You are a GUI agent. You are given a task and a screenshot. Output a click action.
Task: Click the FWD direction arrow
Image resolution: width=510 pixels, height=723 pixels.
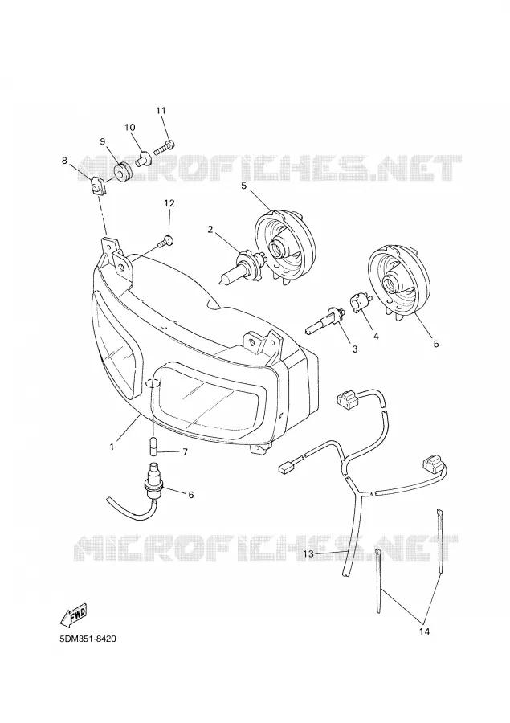click(x=73, y=615)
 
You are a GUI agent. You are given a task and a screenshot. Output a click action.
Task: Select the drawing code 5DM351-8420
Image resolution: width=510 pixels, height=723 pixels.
click(x=88, y=639)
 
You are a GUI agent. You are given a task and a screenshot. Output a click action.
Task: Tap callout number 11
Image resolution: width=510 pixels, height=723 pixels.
click(x=161, y=111)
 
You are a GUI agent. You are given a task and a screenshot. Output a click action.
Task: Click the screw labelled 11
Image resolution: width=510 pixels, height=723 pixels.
click(x=164, y=147)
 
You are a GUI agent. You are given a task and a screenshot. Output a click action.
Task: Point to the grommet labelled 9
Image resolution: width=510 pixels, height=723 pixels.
click(x=123, y=172)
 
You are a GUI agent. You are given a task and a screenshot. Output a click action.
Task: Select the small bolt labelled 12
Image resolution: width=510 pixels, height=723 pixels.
click(x=165, y=241)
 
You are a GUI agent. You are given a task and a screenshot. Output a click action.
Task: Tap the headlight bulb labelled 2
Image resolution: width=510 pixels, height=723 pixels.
click(x=241, y=267)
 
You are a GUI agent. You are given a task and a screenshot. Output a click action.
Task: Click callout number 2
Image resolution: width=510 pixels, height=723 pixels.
click(x=210, y=229)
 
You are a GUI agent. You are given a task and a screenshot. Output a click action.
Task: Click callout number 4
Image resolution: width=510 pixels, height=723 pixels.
click(x=376, y=336)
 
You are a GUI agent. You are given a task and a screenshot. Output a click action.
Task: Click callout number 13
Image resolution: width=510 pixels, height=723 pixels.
click(x=308, y=553)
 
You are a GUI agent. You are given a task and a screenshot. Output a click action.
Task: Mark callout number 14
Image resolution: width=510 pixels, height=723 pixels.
click(x=424, y=631)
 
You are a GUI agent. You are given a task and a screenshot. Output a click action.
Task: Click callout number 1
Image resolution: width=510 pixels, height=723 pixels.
click(x=112, y=447)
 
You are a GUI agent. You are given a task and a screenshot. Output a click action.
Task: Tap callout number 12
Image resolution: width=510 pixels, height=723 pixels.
click(x=169, y=203)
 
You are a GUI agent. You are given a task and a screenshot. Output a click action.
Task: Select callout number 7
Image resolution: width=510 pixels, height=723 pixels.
click(x=185, y=452)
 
